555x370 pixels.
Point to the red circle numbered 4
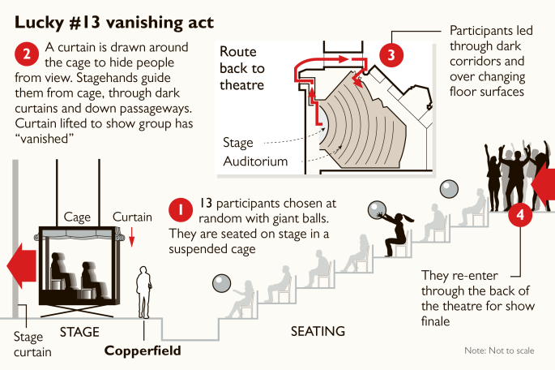[520, 217]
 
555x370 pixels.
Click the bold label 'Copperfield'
[143, 351]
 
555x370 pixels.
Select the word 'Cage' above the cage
[77, 217]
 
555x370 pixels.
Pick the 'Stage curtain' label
[33, 344]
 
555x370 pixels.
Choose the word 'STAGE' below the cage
[79, 332]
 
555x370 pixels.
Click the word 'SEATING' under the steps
[318, 331]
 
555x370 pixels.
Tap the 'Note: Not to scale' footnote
[498, 351]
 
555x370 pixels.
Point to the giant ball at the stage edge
[222, 285]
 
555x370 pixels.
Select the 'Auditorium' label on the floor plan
[255, 161]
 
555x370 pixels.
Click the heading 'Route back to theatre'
[242, 67]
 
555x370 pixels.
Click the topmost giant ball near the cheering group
[448, 190]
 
